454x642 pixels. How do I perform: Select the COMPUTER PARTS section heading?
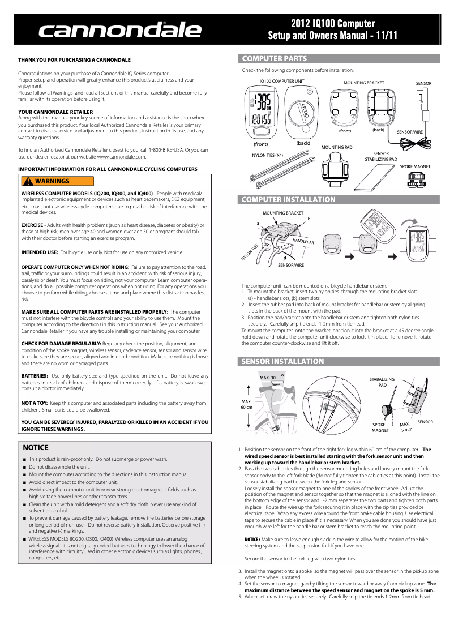point(275,59)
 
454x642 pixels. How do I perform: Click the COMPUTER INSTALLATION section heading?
point(289,200)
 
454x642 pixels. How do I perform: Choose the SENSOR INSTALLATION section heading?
point(283,361)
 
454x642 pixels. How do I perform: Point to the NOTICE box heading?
point(36,447)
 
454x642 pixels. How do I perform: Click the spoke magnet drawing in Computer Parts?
point(416,179)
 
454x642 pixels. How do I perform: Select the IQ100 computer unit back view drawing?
point(302,113)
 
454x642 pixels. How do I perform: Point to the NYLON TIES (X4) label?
point(267,155)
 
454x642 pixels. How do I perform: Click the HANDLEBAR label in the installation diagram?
point(303,241)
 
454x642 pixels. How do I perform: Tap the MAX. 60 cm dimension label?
point(246,404)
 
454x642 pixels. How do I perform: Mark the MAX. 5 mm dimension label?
point(405,427)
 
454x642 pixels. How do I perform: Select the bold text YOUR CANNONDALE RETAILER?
point(55,112)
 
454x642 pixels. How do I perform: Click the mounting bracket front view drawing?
point(345,107)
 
